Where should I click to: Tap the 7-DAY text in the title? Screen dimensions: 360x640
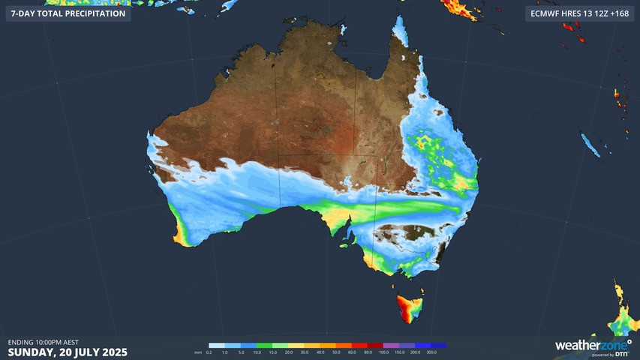point(24,13)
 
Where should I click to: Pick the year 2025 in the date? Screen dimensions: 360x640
point(112,352)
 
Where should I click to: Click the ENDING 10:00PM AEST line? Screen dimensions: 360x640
point(44,342)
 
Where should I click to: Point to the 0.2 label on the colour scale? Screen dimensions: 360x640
point(209,352)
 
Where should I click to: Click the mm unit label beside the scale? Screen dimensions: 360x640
point(197,352)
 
